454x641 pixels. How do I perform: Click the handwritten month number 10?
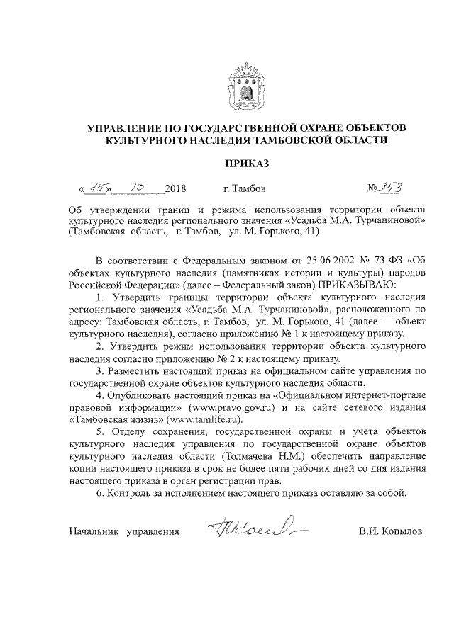(x=133, y=188)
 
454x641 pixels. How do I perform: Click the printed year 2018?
(x=175, y=190)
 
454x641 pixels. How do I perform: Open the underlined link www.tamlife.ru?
(x=198, y=420)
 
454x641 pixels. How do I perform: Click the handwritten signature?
(x=249, y=526)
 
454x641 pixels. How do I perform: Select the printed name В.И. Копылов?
(x=390, y=531)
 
